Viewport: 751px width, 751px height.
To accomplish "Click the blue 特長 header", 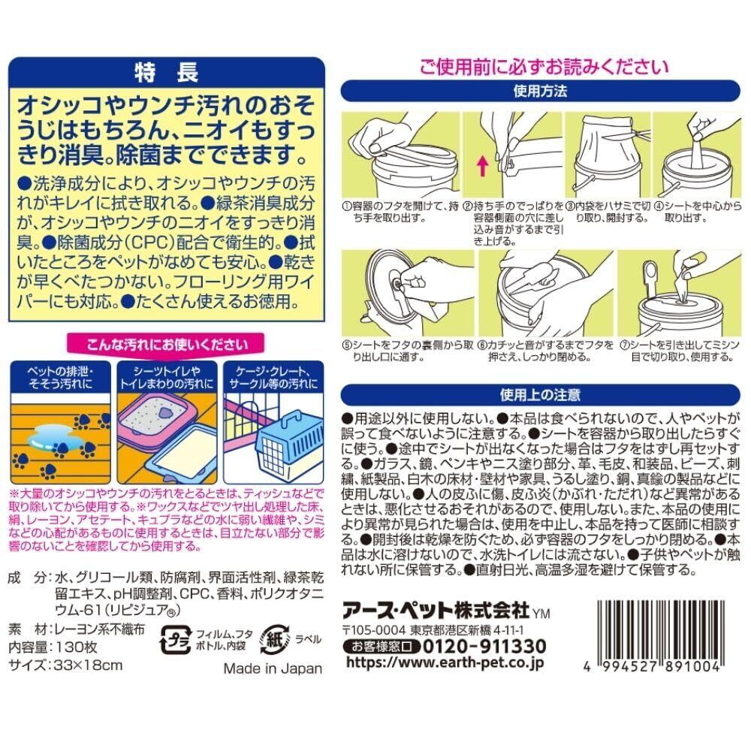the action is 167,73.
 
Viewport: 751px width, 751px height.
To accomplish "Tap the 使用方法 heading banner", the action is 540,91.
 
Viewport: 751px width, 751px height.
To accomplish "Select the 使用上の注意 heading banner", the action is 540,395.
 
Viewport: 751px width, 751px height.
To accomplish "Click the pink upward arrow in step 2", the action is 483,166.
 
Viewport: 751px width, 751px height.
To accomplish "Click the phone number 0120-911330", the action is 484,646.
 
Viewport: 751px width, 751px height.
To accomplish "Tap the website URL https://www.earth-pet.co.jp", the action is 445,662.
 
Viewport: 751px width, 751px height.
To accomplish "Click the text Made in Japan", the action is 273,668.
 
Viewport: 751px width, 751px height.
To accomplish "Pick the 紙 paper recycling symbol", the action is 274,639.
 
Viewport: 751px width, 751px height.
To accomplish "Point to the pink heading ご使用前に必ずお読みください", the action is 544,67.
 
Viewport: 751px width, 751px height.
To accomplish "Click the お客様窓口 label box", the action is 382,647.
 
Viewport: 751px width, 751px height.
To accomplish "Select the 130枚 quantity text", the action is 77,647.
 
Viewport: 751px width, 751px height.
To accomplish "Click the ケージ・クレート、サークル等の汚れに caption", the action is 273,378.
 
